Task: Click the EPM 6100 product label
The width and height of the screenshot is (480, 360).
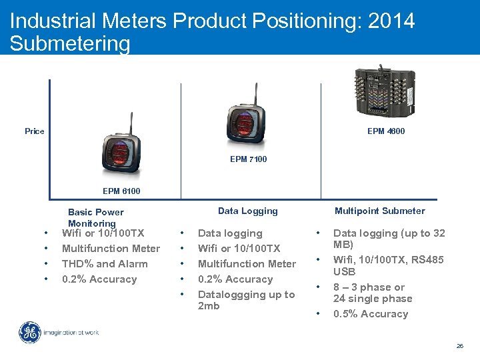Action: [121, 191]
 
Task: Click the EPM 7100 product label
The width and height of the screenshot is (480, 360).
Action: [248, 159]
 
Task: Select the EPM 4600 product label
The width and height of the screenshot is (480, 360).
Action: [386, 131]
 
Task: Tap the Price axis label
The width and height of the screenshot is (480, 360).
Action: [35, 131]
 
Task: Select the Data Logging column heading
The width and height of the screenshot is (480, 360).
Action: [247, 211]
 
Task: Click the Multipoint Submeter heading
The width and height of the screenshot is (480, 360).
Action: [379, 211]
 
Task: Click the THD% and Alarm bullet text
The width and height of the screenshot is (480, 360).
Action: [104, 264]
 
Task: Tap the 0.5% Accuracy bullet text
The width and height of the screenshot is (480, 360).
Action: [370, 314]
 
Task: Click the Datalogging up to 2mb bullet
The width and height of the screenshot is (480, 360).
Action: [246, 300]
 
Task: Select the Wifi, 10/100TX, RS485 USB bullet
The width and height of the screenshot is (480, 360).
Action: [388, 265]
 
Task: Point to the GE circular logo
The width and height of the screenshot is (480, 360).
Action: [29, 333]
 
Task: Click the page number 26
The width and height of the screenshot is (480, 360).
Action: [459, 346]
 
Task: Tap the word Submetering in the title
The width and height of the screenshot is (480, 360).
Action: [70, 44]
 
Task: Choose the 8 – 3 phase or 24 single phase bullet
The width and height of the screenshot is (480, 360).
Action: [372, 293]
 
